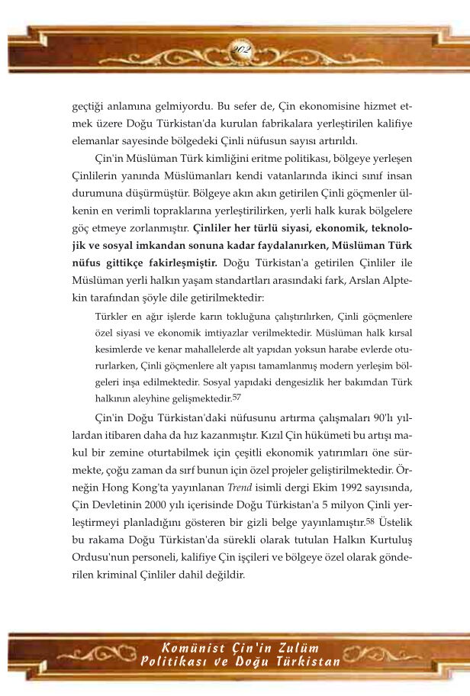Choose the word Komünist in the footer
coord(191,648)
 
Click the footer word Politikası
coord(172,661)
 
